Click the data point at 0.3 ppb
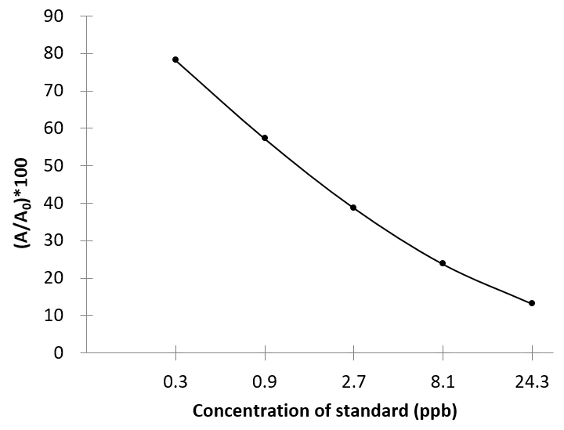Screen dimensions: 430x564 pos(175,60)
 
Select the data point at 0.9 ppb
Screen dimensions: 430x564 pos(265,138)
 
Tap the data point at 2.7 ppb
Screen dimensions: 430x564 pos(353,208)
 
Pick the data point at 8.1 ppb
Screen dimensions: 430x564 pos(443,263)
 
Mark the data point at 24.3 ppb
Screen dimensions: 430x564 pos(532,303)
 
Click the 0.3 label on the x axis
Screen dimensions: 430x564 pos(175,384)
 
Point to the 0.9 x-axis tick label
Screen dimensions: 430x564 pos(265,384)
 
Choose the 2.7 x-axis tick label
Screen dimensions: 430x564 pos(353,384)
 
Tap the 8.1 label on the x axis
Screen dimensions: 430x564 pos(443,384)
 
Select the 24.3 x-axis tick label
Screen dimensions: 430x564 pos(532,384)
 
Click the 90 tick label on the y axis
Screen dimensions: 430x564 pos(63,16)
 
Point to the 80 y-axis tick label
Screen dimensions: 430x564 pos(63,54)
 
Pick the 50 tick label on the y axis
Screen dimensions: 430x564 pos(63,166)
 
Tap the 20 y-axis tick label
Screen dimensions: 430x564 pos(63,278)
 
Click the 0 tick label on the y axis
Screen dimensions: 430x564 pos(67,353)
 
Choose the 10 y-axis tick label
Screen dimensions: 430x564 pos(63,316)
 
